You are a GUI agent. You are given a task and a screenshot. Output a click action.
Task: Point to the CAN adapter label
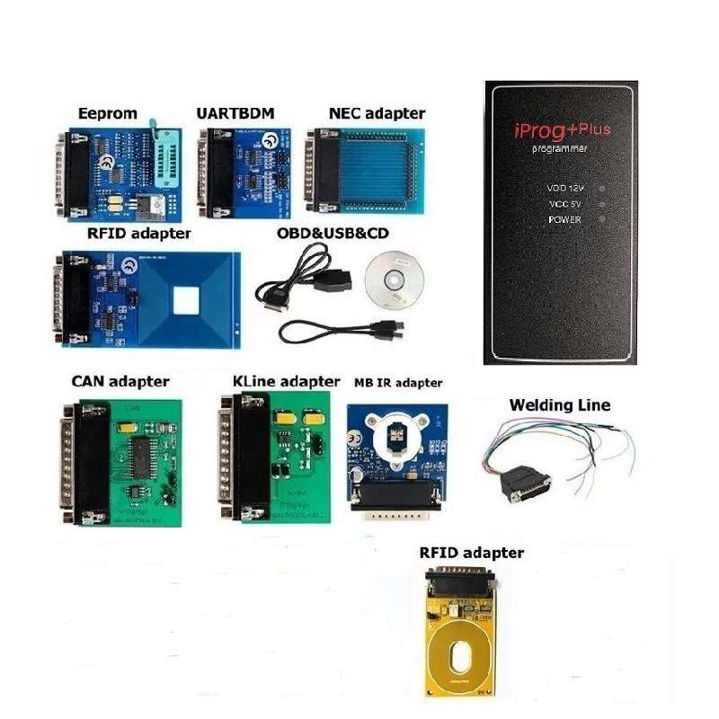pyautogui.click(x=120, y=382)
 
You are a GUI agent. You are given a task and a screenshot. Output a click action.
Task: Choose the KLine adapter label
pyautogui.click(x=286, y=382)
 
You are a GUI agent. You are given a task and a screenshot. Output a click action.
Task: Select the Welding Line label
pyautogui.click(x=559, y=405)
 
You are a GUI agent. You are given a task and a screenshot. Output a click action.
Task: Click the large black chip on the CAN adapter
pyautogui.click(x=143, y=454)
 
